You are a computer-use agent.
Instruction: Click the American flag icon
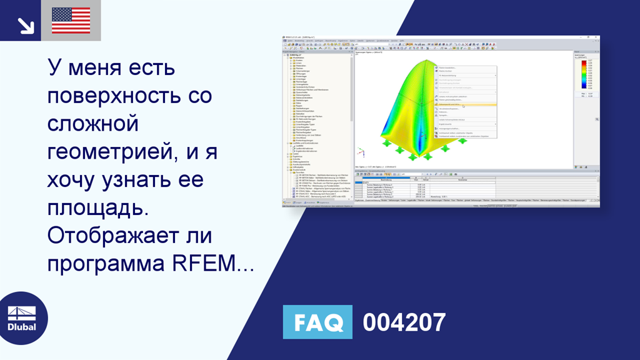pyautogui.click(x=71, y=20)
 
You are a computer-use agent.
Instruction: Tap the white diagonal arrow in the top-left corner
pyautogui.click(x=25, y=25)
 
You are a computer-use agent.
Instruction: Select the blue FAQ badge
pyautogui.click(x=317, y=322)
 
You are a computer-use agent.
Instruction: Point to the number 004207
pyautogui.click(x=404, y=322)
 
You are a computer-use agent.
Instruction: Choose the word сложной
pyautogui.click(x=92, y=124)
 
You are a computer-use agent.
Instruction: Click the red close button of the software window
pyautogui.click(x=596, y=37)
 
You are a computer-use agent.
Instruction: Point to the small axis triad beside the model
pyautogui.click(x=360, y=152)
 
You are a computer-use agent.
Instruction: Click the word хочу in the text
pyautogui.click(x=71, y=181)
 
